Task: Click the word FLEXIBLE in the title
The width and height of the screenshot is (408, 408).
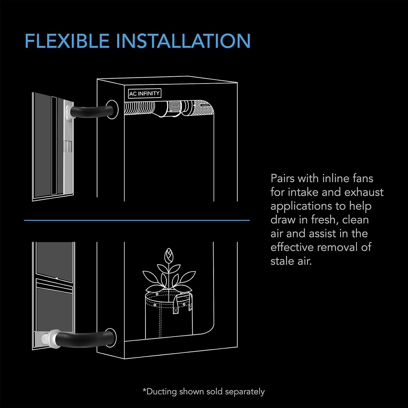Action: [x=67, y=41]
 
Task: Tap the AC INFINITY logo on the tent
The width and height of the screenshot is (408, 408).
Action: [x=144, y=93]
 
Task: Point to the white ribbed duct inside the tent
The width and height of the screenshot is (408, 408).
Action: [x=139, y=108]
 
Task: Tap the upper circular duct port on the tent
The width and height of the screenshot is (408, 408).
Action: [x=112, y=109]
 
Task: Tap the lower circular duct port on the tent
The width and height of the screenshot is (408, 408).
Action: [x=111, y=338]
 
